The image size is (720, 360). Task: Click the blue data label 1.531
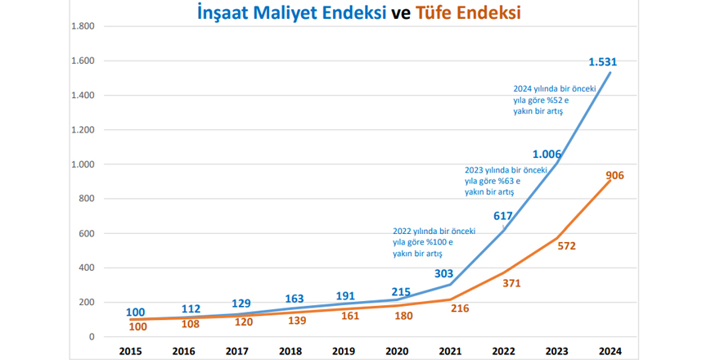pyautogui.click(x=603, y=61)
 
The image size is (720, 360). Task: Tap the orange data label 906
pyautogui.click(x=615, y=175)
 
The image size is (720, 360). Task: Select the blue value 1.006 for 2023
pyautogui.click(x=547, y=154)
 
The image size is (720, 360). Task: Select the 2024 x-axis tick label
pyautogui.click(x=610, y=352)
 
